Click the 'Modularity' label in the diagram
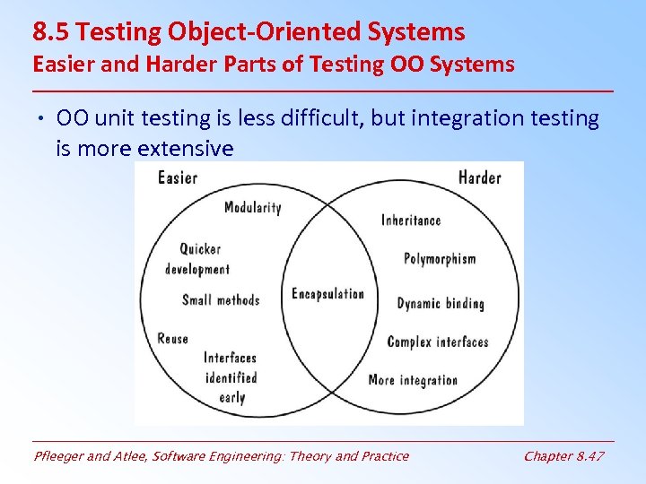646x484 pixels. click(x=252, y=207)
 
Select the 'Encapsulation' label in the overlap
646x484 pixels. click(x=327, y=294)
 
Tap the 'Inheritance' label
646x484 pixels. click(x=411, y=220)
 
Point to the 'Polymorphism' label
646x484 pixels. click(x=440, y=259)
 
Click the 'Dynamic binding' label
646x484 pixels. click(x=440, y=304)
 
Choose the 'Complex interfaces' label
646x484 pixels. click(x=437, y=341)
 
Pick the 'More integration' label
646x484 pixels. click(x=413, y=380)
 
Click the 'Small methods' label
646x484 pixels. click(x=221, y=300)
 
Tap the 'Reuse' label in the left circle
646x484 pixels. click(x=173, y=339)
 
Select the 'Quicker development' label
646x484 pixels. click(x=197, y=259)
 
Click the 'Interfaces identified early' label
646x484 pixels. click(x=231, y=377)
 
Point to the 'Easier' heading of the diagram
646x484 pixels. click(x=178, y=177)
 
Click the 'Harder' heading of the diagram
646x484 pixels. click(x=479, y=177)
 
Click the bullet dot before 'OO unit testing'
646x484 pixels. click(x=42, y=119)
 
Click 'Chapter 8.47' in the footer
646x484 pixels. click(x=563, y=456)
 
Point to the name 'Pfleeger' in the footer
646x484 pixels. click(x=57, y=456)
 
